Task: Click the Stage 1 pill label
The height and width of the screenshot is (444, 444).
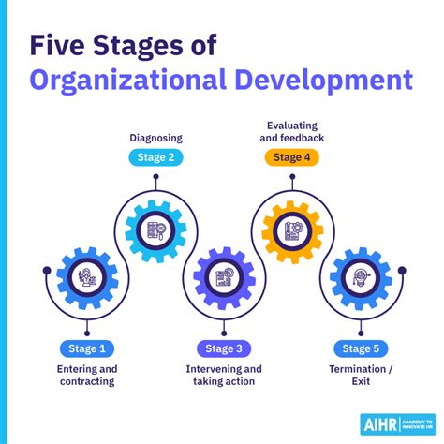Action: [x=85, y=349]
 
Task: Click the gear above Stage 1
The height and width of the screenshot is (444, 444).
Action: [x=86, y=275]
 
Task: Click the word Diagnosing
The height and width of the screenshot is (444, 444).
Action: [x=155, y=139]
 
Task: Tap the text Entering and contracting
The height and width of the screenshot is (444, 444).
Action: [x=85, y=376]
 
